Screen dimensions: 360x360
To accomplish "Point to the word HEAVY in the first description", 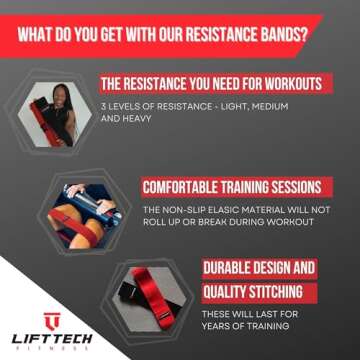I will (x=177, y=120).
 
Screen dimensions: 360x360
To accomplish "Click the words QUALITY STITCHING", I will (x=242, y=291).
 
